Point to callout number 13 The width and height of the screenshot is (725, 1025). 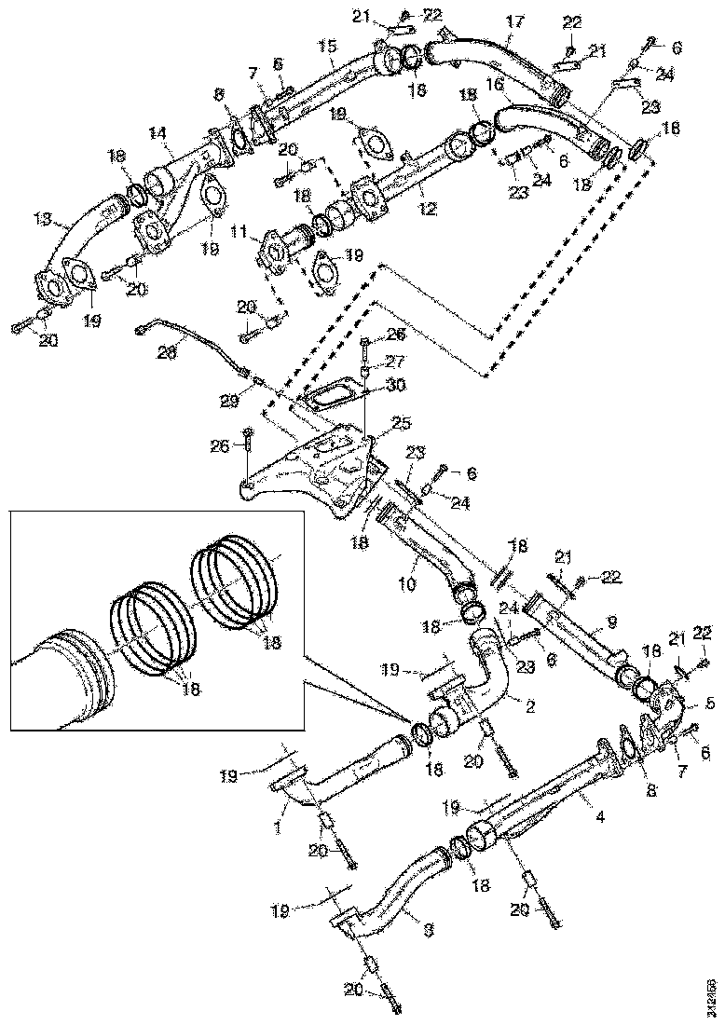pyautogui.click(x=43, y=220)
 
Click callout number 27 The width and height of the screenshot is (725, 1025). pyautogui.click(x=395, y=361)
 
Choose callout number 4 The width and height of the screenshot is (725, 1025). pyautogui.click(x=600, y=817)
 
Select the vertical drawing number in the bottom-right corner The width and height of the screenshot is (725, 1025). pyautogui.click(x=711, y=992)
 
